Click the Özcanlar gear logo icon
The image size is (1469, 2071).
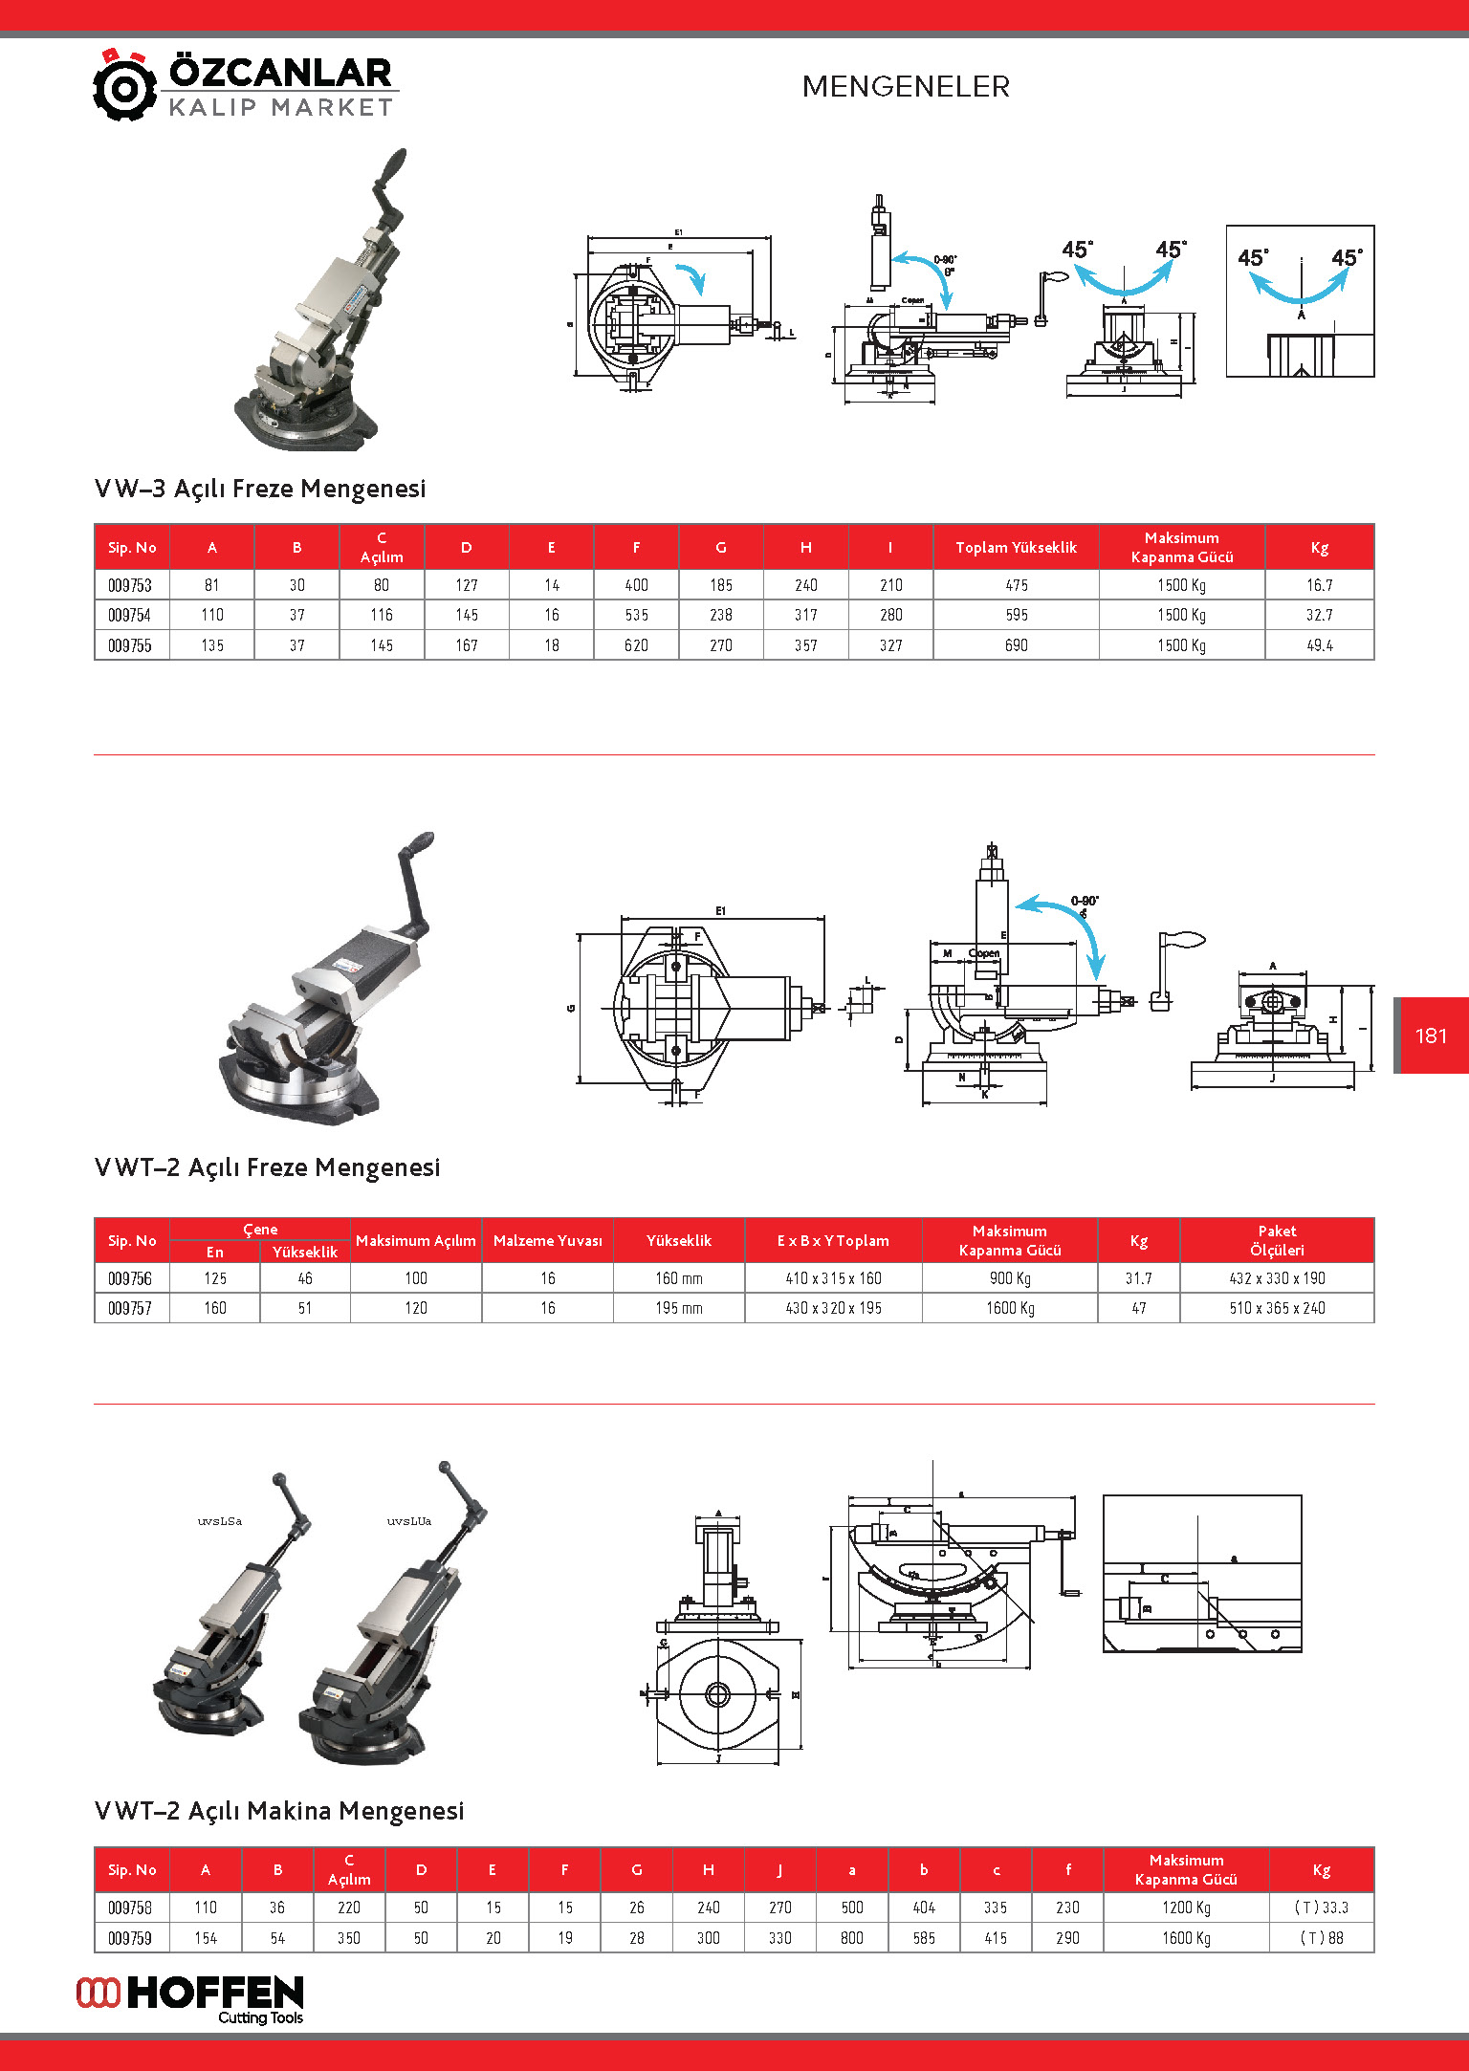[x=124, y=87]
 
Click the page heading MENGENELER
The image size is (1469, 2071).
[x=906, y=87]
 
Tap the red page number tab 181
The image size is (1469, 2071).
[x=1431, y=1035]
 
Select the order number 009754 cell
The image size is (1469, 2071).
[x=130, y=615]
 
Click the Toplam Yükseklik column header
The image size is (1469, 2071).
[x=1016, y=547]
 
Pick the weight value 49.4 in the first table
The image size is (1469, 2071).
[x=1319, y=645]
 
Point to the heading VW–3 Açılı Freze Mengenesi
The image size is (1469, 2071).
[x=260, y=489]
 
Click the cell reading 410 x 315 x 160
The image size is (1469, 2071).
[x=833, y=1278]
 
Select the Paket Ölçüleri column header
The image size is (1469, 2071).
[x=1277, y=1240]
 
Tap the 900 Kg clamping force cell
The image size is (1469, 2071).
[x=1010, y=1278]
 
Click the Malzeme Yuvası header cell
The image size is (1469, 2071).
[x=547, y=1240]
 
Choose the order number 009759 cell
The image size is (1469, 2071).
[x=130, y=1938]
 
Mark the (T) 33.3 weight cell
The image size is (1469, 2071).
[x=1321, y=1907]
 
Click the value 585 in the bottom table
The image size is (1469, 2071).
[x=924, y=1938]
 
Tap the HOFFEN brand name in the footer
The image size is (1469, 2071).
[x=215, y=1994]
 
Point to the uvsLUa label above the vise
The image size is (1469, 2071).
[x=409, y=1521]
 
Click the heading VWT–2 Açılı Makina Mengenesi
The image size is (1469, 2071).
[x=279, y=1811]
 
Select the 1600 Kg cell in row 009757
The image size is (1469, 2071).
[x=1010, y=1308]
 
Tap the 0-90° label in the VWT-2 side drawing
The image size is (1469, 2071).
[x=1085, y=901]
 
